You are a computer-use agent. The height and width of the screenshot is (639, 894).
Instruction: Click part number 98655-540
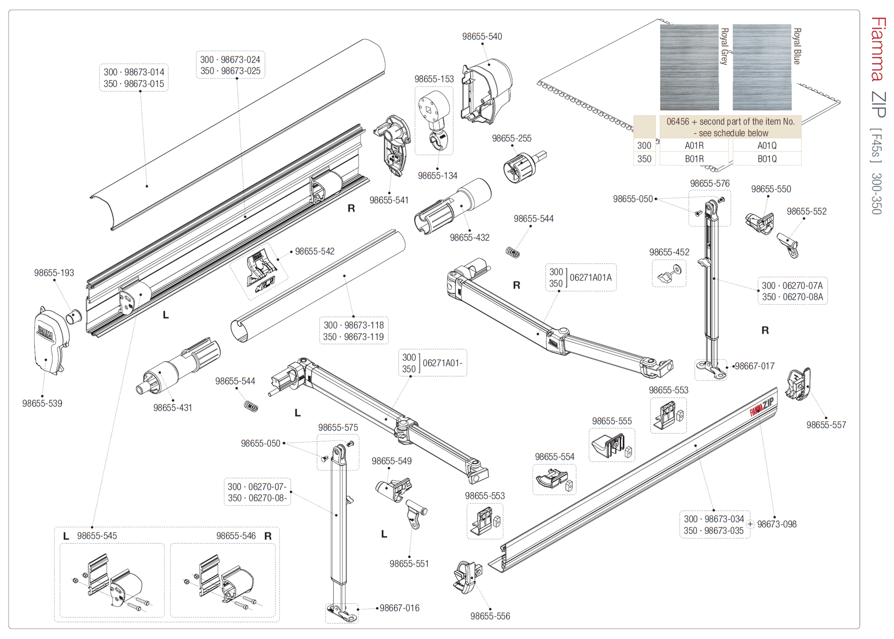tap(482, 37)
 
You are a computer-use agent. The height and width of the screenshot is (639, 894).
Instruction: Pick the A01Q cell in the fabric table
tap(767, 145)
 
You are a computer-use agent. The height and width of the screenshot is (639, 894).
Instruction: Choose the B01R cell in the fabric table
tap(694, 159)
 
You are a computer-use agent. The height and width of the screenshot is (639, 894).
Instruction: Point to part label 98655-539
tap(42, 403)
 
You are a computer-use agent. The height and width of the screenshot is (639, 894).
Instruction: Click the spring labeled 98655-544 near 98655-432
tap(512, 252)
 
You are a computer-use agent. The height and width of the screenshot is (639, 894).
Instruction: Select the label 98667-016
tap(399, 608)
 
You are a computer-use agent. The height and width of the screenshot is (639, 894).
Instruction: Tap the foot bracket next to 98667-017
tap(711, 369)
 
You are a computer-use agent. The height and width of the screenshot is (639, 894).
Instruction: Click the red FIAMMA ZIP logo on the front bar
tap(762, 407)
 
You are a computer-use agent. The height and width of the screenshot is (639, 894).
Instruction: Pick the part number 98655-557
tap(826, 425)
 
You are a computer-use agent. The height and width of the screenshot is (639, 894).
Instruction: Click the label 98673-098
tap(777, 524)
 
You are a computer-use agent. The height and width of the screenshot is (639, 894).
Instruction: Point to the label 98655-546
tap(236, 536)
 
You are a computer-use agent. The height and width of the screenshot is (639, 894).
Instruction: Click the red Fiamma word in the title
tap(878, 49)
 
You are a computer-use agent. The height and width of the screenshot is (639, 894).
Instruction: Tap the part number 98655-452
tap(669, 252)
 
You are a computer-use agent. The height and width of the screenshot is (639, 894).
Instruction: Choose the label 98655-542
tap(315, 251)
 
